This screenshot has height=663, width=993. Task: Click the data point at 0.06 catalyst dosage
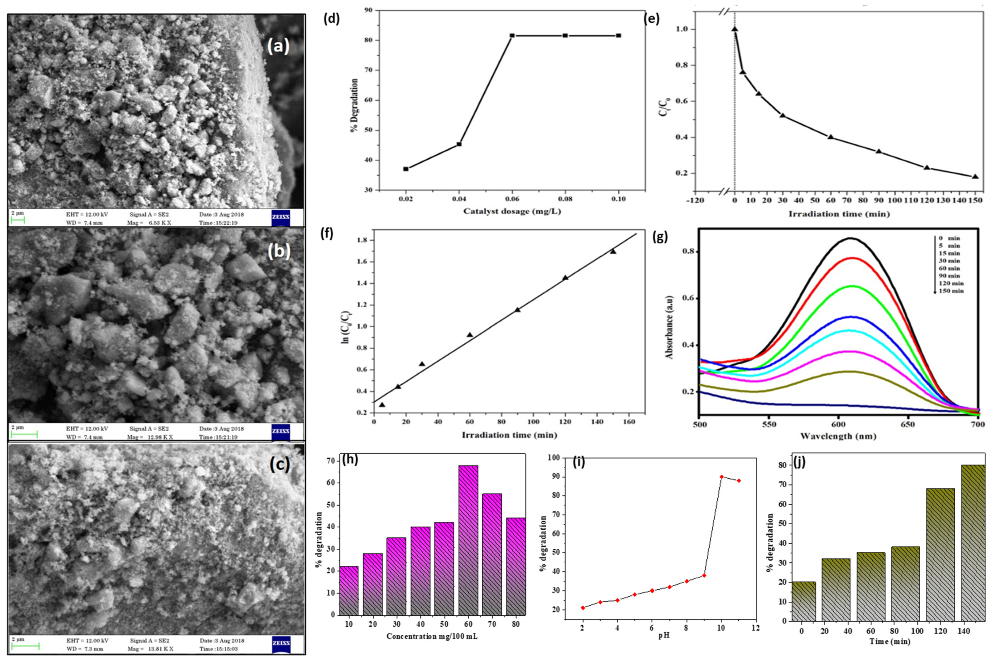point(512,36)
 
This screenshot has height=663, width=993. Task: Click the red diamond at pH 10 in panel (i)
point(721,477)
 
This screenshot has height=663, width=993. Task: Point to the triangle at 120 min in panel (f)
point(565,278)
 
